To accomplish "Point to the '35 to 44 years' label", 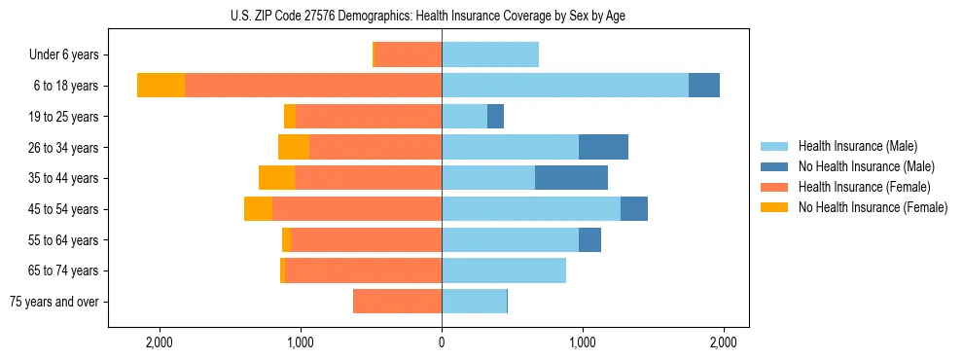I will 64,178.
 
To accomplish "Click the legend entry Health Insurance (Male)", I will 857,146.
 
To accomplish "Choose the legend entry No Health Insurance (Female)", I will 873,207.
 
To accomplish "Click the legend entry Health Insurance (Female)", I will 864,187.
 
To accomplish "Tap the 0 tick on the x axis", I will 442,342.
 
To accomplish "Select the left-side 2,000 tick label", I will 160,342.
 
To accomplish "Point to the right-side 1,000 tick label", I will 583,342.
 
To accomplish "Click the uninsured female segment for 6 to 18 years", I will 160,86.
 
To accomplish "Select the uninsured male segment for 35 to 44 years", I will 571,178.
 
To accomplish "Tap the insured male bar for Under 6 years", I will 490,55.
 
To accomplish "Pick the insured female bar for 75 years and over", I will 397,302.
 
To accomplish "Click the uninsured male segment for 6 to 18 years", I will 704,86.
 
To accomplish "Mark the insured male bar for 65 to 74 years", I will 504,270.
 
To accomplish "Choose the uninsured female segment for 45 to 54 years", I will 258,209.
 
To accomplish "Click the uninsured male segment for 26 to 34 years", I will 603,147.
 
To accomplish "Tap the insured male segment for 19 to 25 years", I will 464,117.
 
